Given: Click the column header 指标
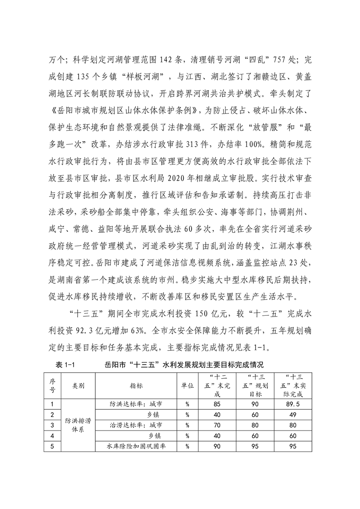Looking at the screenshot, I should (x=136, y=385).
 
